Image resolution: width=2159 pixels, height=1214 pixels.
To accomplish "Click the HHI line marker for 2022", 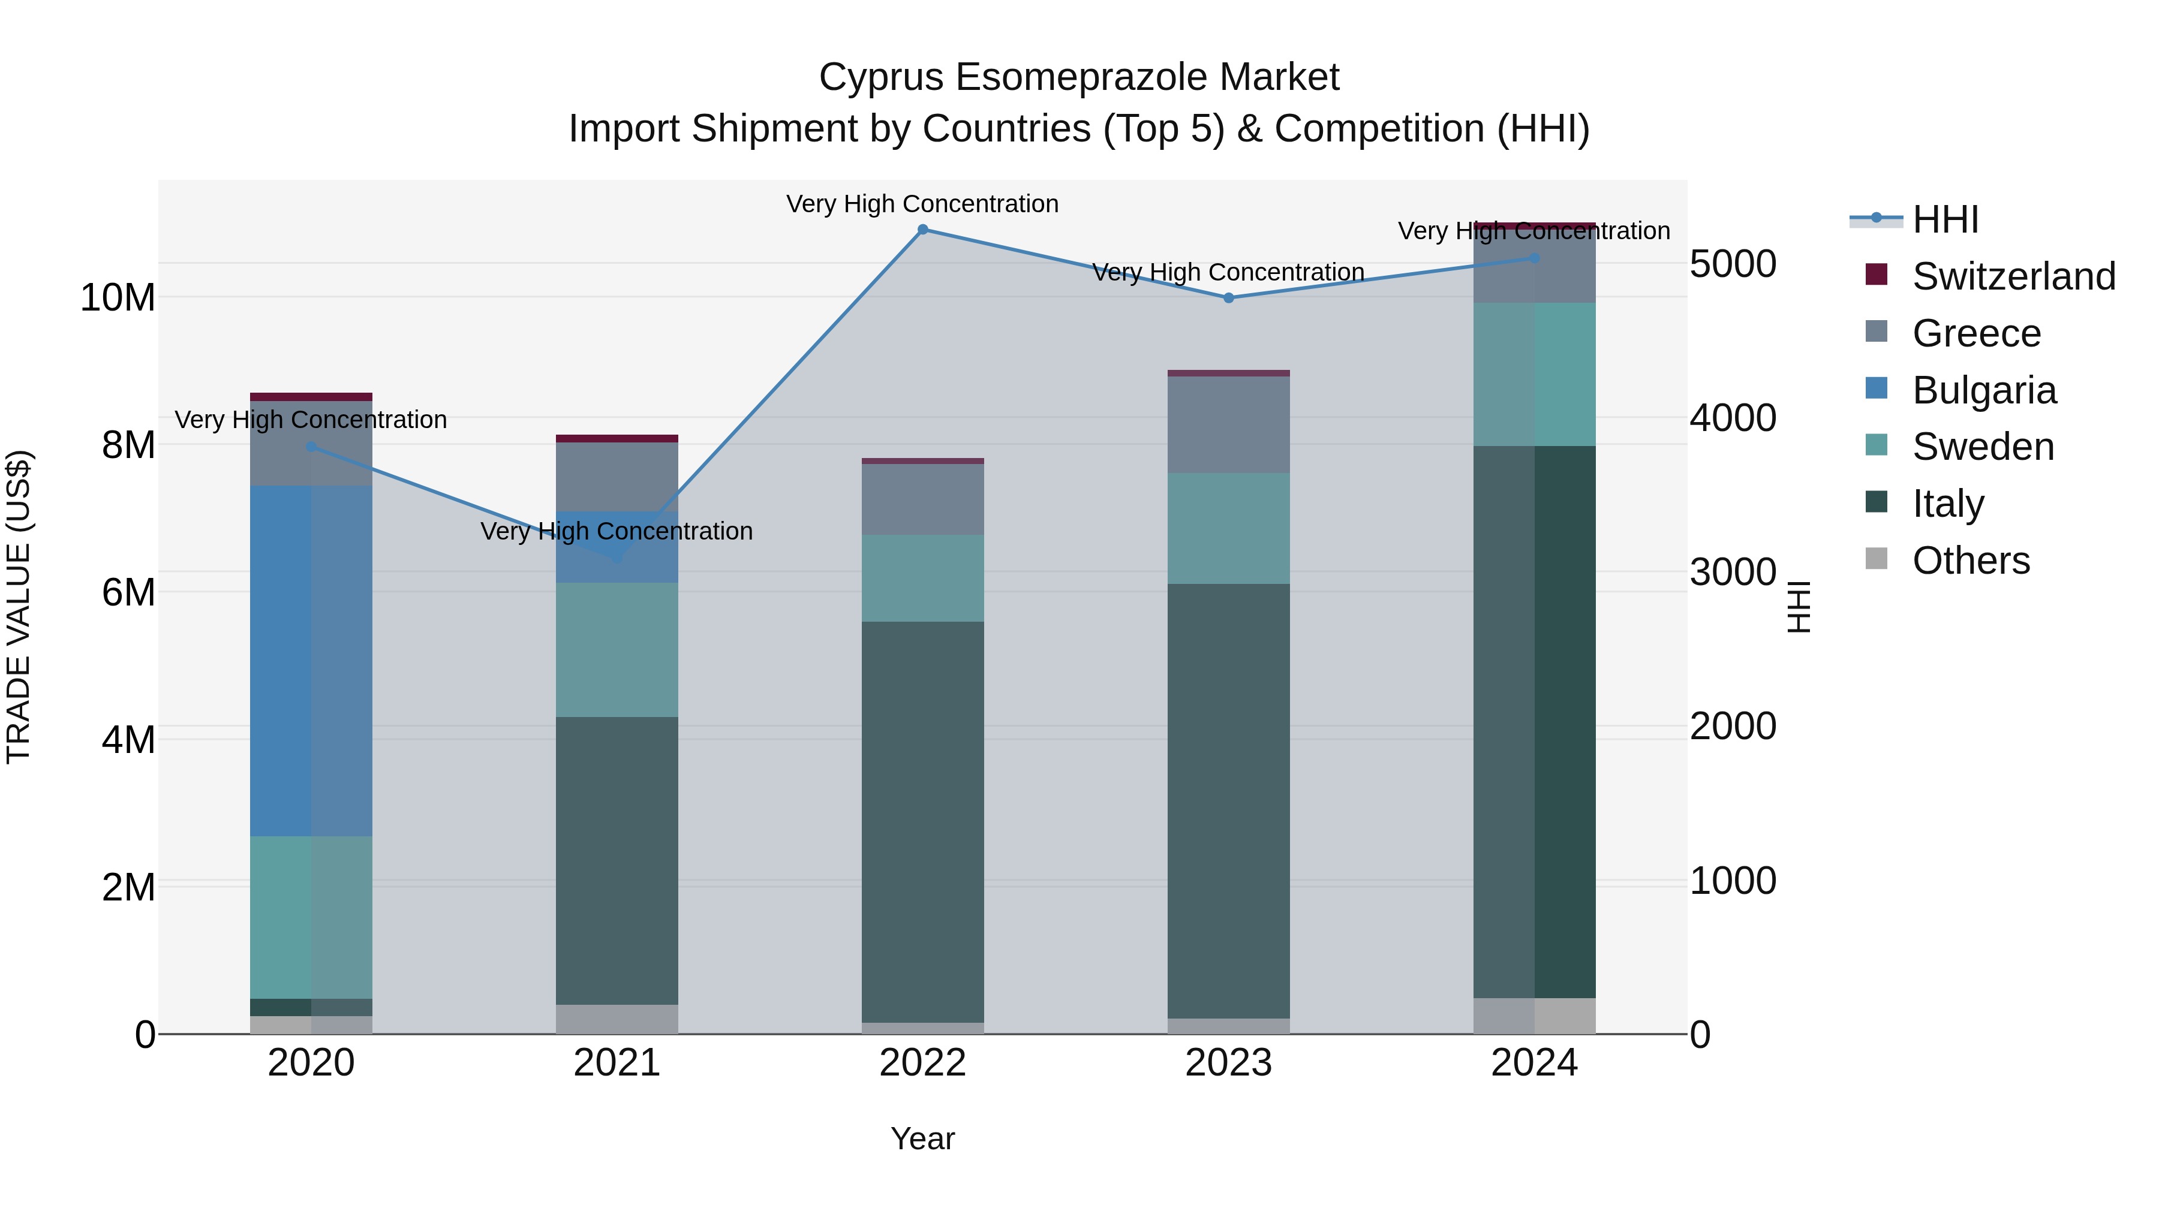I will [923, 230].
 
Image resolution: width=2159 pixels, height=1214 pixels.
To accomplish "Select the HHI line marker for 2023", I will [1229, 297].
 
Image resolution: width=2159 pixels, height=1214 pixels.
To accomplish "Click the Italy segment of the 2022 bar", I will [923, 821].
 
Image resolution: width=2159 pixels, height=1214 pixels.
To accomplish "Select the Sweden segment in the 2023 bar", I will [1229, 528].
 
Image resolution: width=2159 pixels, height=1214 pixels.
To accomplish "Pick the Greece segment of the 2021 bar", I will [617, 476].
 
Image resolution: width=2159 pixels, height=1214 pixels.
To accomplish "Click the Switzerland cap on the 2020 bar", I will [311, 397].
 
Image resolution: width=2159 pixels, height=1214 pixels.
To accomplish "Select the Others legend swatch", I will [1877, 559].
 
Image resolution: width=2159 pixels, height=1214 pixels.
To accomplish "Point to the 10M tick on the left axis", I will [118, 297].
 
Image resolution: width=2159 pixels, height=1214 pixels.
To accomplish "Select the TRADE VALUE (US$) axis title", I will [19, 607].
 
